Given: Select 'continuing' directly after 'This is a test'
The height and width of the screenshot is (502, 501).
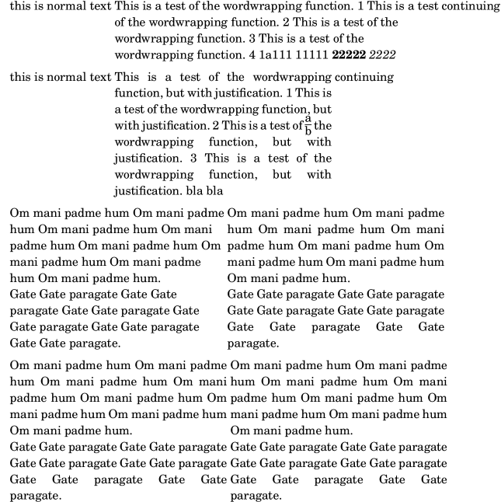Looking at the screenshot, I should tap(471, 6).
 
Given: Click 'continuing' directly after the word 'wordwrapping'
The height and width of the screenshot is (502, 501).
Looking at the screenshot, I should tap(364, 77).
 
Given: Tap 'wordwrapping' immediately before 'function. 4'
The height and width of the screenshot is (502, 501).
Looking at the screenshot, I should tap(150, 54).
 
